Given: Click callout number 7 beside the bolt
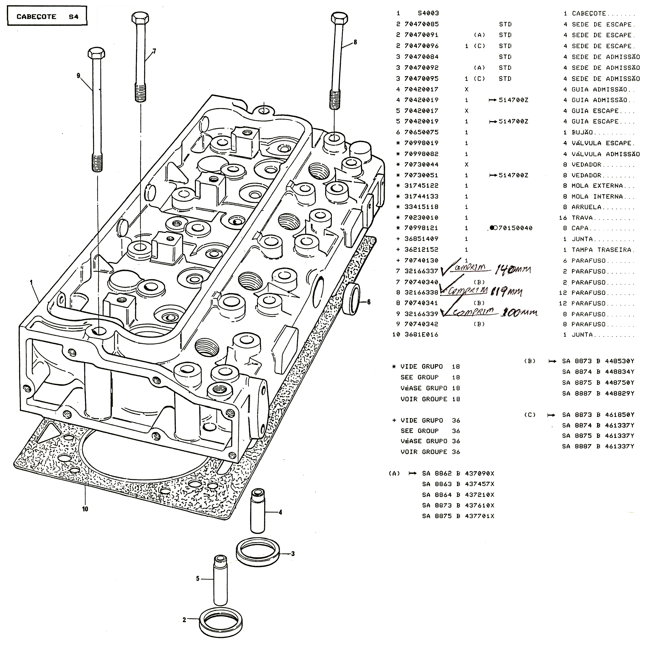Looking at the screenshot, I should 154,51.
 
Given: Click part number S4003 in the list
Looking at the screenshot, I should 428,14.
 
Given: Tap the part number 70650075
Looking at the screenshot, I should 421,132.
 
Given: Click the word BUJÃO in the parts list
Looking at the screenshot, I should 582,132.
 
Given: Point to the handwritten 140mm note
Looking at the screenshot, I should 512,270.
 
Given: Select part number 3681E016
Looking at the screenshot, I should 421,334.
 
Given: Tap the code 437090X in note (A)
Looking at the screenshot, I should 479,473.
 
